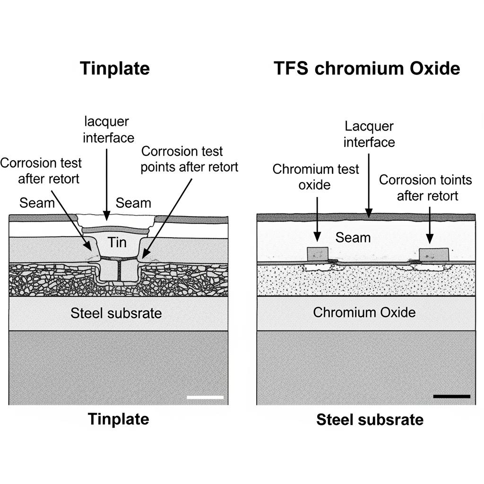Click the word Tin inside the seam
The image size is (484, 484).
click(117, 242)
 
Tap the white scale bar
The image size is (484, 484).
click(205, 397)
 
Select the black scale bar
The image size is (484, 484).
click(451, 396)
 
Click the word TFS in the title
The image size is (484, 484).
click(291, 69)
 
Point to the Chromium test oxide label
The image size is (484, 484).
click(316, 177)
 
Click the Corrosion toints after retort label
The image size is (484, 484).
click(425, 187)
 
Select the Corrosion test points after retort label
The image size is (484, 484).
click(189, 159)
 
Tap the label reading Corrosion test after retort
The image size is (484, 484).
click(41, 171)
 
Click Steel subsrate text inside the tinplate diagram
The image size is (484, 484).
click(116, 312)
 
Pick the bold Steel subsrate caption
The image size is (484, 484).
click(370, 419)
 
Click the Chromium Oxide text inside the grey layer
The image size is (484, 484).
click(364, 312)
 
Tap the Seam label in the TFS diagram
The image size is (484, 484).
click(353, 237)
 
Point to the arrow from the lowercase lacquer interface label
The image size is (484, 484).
click(107, 184)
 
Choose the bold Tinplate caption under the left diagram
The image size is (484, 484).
click(118, 419)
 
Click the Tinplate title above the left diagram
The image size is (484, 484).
click(115, 69)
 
